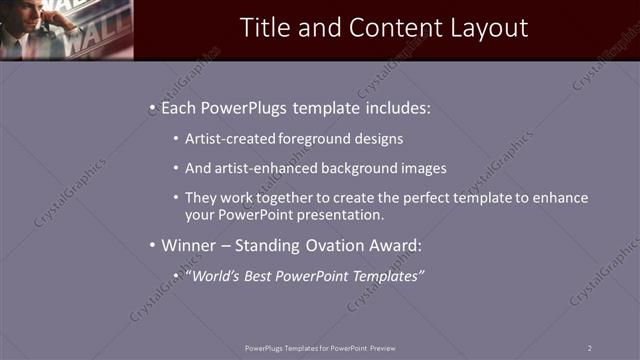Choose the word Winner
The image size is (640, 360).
187,245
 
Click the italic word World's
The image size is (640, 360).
213,275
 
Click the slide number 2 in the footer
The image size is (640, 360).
589,347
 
